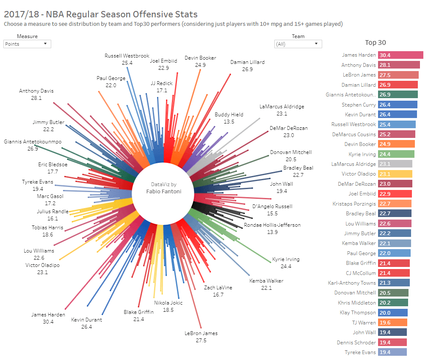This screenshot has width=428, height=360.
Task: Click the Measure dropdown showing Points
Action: pos(27,44)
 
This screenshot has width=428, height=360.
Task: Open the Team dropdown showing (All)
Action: pos(298,44)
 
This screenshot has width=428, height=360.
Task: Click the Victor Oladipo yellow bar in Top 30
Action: pos(395,174)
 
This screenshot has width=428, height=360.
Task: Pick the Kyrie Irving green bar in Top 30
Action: pos(396,154)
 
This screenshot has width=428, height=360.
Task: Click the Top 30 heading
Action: pos(376,42)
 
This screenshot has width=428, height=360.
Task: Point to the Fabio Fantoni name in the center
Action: pos(163,192)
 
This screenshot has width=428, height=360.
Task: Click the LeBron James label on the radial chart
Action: pos(201,333)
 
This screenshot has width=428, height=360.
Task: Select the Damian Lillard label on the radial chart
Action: pos(247,62)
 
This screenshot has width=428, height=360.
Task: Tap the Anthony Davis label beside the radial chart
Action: pos(36,91)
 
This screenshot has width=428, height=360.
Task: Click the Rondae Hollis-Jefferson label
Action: pos(272,225)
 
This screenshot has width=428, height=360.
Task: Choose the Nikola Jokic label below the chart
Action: pos(168,303)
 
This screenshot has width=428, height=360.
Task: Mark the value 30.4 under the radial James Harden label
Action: pos(48,322)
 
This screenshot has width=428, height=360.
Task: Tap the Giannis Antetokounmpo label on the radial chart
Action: pos(33,142)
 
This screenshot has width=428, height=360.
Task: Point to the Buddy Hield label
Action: pos(229,115)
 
